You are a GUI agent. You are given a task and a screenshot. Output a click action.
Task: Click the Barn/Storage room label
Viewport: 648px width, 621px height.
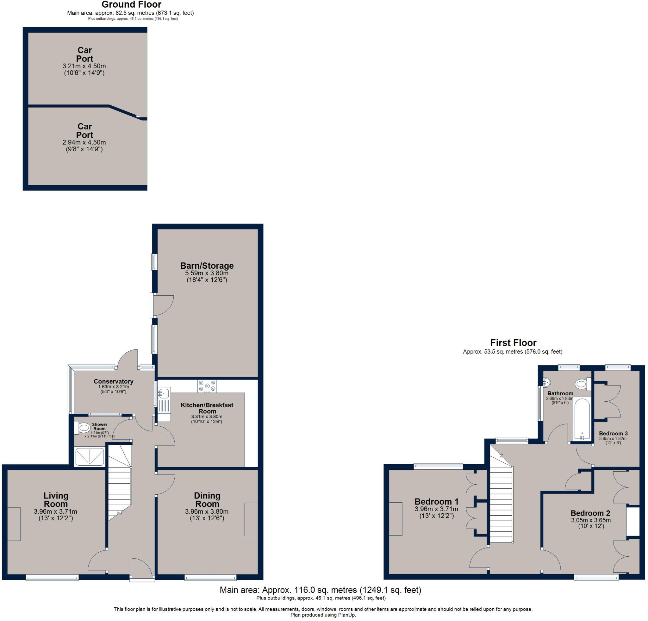(207, 266)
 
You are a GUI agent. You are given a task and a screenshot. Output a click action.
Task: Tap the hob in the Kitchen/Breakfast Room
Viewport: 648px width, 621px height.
(207, 386)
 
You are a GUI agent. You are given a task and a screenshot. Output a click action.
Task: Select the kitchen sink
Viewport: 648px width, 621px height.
(164, 393)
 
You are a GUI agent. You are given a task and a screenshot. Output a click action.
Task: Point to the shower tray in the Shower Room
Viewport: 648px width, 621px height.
(90, 457)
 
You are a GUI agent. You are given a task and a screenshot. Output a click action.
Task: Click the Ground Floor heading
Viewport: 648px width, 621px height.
(131, 5)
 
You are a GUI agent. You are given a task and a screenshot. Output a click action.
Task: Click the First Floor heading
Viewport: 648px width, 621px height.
(513, 342)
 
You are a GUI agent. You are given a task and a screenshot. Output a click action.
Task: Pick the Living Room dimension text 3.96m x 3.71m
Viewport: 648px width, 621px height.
(56, 511)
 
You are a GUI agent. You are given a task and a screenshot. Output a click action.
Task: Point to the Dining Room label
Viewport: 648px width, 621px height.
(207, 500)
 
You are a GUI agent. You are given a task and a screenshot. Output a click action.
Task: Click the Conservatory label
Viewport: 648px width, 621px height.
(113, 381)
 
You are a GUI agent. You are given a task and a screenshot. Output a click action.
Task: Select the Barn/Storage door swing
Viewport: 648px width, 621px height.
(164, 305)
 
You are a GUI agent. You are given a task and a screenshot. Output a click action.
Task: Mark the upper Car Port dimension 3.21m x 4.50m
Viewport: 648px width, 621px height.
(84, 66)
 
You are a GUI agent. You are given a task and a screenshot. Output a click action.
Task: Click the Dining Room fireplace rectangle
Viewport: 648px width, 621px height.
(251, 519)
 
